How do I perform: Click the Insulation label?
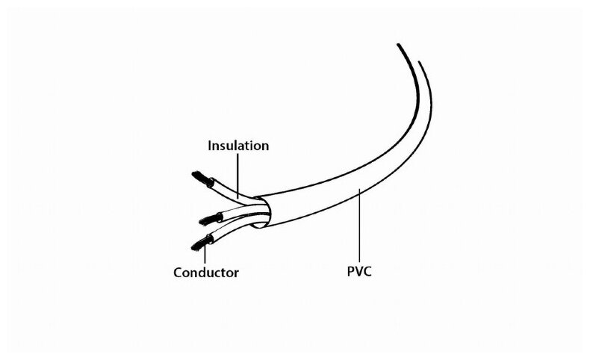(x=237, y=146)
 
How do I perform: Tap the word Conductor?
(x=206, y=273)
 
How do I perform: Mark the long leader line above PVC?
(x=360, y=224)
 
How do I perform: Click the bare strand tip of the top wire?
(x=199, y=179)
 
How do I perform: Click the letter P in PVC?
(x=348, y=273)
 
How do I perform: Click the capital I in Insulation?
(x=210, y=146)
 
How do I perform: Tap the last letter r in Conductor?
(x=236, y=273)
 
